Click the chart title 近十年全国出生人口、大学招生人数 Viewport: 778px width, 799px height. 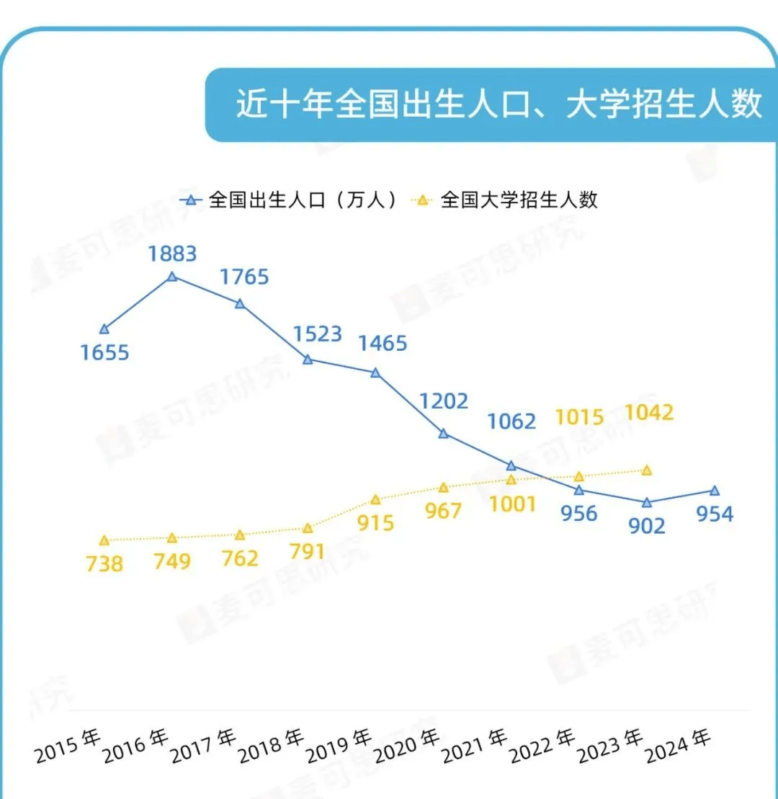(x=498, y=104)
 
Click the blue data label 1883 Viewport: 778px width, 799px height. (x=172, y=254)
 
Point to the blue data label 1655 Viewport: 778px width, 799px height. (x=104, y=353)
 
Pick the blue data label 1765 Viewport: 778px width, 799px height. (x=244, y=277)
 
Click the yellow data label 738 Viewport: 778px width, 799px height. (x=104, y=563)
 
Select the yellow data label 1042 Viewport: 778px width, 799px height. (x=649, y=412)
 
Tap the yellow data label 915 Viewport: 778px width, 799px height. (x=375, y=522)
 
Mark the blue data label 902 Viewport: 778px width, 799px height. (x=646, y=526)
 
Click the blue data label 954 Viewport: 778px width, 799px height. (x=714, y=514)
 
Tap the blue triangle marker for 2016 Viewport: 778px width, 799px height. (x=172, y=276)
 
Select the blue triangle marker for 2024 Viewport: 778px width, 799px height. (x=715, y=491)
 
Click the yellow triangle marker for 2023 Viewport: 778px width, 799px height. (x=647, y=470)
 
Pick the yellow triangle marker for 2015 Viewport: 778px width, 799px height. (x=104, y=540)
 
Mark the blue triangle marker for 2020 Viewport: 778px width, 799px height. (x=444, y=433)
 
